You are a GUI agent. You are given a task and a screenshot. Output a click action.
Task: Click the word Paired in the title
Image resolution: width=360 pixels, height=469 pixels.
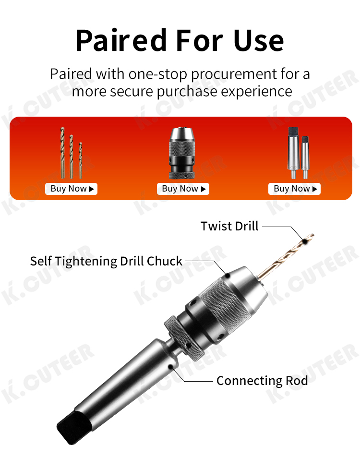121,41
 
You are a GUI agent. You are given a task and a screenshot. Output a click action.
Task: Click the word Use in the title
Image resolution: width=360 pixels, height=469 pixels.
258,41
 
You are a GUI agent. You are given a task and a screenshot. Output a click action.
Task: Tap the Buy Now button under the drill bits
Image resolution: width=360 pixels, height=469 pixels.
71,189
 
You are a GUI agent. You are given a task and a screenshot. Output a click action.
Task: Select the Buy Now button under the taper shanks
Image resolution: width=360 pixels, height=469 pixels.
294,189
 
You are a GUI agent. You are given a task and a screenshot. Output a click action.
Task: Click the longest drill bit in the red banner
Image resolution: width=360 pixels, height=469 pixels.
62,153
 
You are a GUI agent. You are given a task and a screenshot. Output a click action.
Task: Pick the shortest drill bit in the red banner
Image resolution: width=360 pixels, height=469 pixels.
81,160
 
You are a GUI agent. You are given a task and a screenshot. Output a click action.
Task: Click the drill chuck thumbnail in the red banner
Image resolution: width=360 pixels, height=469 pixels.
182,153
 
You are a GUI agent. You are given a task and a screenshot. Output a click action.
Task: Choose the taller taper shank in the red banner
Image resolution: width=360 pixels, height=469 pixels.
293,153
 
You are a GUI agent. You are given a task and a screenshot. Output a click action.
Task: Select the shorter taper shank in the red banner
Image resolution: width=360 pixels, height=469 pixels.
305,157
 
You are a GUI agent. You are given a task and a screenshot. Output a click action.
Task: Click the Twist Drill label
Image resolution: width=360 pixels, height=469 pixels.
229,226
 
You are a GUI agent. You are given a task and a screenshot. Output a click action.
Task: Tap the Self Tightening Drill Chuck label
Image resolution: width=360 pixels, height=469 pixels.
106,261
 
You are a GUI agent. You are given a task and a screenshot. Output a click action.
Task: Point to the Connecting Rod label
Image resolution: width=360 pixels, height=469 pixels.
262,381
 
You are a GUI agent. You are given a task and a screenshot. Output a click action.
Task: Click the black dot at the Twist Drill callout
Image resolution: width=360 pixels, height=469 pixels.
305,241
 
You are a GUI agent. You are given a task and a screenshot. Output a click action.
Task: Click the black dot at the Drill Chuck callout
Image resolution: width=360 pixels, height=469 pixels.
228,275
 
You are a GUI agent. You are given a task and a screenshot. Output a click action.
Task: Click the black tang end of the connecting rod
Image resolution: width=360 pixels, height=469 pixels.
73,427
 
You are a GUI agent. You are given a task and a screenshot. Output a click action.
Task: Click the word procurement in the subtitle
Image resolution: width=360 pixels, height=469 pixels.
234,74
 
